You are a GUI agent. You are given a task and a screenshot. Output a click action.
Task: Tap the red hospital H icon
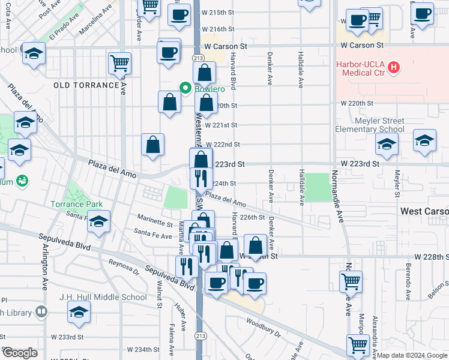pos(394,68)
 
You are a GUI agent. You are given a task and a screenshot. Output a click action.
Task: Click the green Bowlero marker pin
pos(185,89)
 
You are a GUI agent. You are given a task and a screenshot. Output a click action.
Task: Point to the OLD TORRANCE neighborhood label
pos(86,85)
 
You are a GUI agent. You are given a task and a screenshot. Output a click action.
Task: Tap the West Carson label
pos(424,212)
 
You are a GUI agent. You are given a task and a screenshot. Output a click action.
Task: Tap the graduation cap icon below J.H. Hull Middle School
pos(79,313)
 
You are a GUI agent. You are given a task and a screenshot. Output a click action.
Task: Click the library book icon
pos(41,311)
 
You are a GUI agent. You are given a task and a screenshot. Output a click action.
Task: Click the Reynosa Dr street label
pos(124,267)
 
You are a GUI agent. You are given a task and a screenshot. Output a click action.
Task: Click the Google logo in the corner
pos(20,353)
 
